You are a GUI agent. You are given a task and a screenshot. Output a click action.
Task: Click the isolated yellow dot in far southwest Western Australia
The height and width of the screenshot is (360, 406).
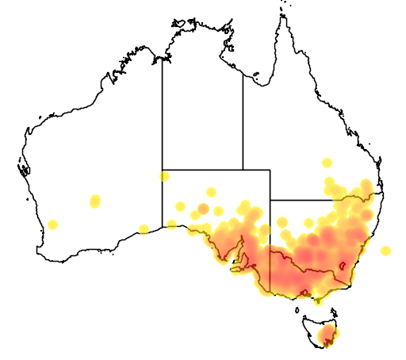point(53,224)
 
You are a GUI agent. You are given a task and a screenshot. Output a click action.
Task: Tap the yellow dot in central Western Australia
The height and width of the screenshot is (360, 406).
point(96,201)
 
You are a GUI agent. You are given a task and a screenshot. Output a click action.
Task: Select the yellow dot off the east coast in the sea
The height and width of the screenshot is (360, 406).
point(385,251)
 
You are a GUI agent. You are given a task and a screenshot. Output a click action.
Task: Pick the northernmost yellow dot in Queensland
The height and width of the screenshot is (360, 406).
point(327,163)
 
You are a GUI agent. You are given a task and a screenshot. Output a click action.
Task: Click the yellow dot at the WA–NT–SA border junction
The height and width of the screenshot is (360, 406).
point(164,176)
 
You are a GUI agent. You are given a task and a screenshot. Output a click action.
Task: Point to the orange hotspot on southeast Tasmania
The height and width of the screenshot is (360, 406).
point(327,339)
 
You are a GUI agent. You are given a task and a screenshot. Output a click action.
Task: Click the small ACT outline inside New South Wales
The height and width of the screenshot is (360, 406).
point(343,266)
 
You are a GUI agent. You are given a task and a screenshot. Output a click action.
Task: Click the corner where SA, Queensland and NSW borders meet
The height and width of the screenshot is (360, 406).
point(270,201)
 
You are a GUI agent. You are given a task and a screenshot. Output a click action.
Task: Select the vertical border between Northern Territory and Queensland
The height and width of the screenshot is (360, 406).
point(243,119)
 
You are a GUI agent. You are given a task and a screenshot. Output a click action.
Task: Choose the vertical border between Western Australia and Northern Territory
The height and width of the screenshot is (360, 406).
point(163,111)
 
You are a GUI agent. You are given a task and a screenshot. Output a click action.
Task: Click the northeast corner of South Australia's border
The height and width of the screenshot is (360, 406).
point(270,170)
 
